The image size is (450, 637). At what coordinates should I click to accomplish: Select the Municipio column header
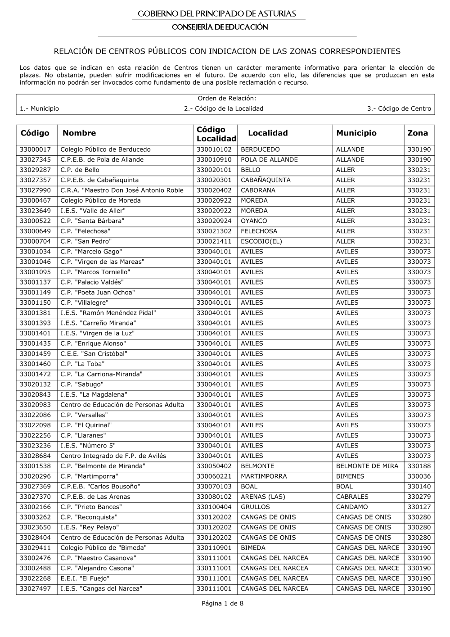click(356, 133)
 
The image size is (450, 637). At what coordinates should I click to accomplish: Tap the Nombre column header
click(79, 133)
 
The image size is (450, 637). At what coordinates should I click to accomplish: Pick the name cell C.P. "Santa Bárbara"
click(92, 221)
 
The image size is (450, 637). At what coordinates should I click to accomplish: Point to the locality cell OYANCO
click(254, 221)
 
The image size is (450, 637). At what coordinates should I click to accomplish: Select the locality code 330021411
click(214, 241)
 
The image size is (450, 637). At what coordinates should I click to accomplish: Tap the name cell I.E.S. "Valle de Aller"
click(93, 211)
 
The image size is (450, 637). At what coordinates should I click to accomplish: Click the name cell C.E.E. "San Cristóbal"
click(94, 354)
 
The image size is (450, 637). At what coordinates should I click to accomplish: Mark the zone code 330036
click(419, 476)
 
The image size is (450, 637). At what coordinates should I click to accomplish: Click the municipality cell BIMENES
click(350, 476)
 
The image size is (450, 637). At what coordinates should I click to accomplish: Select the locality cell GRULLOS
click(255, 507)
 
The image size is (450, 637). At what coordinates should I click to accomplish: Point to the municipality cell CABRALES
click(352, 497)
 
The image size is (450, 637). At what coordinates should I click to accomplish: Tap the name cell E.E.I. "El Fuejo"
click(85, 578)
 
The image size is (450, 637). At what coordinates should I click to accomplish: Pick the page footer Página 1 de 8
click(223, 604)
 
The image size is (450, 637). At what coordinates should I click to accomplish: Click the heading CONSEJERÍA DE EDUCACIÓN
click(220, 27)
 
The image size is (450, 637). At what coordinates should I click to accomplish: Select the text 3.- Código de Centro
click(399, 108)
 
